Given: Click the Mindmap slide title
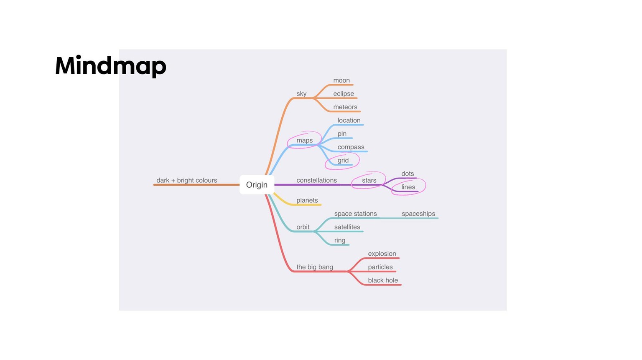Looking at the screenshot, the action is click(111, 66).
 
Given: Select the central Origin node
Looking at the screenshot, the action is click(257, 185).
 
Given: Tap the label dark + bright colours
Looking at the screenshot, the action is click(186, 181).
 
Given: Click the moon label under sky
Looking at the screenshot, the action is click(341, 81).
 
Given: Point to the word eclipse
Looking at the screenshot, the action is click(343, 94).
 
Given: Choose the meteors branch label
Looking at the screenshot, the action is click(345, 107).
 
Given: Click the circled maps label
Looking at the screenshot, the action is click(304, 141).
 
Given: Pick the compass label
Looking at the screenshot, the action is click(351, 147).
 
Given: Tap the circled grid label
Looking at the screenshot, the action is click(343, 161).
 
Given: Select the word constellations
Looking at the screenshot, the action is click(316, 181).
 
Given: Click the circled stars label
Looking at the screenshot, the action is click(369, 181).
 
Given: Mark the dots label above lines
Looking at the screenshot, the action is click(407, 174).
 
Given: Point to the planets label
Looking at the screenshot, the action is click(307, 201).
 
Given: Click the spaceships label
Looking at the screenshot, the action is click(418, 214).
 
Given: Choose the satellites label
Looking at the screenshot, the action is click(347, 227).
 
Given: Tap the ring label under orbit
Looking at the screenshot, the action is click(340, 240).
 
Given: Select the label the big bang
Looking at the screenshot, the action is click(314, 267).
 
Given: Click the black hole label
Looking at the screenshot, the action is click(382, 280).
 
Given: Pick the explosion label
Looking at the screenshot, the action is click(382, 254).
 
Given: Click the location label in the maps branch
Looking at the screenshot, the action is click(349, 121).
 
